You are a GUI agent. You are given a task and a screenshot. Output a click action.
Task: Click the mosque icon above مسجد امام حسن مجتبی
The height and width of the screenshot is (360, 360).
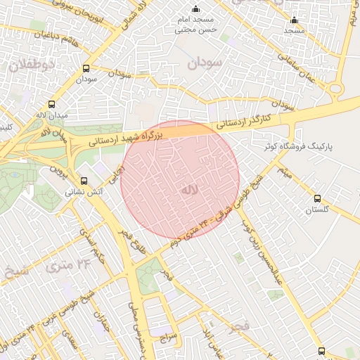click(x=195, y=9)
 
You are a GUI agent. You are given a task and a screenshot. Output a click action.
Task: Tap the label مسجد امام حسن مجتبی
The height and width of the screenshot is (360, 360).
click(x=195, y=25)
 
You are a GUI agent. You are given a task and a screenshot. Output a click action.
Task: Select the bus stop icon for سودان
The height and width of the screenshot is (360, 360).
click(x=86, y=68)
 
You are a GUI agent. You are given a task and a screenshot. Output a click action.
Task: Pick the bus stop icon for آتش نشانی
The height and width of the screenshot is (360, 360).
click(x=85, y=180)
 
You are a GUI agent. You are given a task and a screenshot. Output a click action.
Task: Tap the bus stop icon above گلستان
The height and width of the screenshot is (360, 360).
click(x=317, y=199)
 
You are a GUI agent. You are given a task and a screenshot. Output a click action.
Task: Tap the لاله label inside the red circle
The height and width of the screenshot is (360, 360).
click(x=189, y=189)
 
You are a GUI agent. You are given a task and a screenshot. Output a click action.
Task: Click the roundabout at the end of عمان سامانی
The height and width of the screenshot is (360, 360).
click(x=335, y=89)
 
